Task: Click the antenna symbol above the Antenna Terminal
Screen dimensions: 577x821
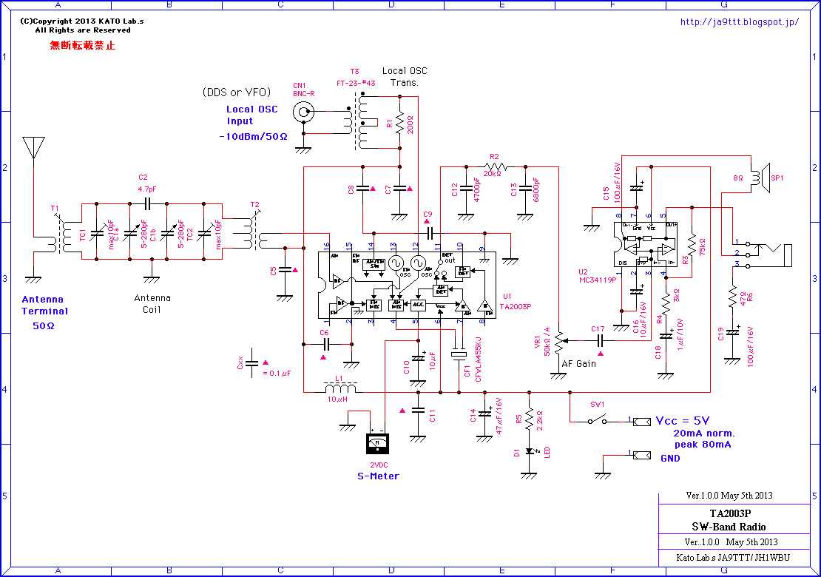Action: [x=34, y=148]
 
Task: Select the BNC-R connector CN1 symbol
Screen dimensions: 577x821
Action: [x=303, y=112]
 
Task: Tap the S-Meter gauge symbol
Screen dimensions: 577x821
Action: [x=377, y=444]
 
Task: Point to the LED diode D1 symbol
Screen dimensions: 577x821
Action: [x=529, y=451]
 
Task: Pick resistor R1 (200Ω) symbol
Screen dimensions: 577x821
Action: [x=399, y=124]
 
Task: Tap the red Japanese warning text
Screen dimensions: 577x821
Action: [x=82, y=46]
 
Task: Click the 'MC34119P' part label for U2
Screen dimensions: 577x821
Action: [x=597, y=280]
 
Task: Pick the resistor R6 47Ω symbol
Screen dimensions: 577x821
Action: [x=732, y=297]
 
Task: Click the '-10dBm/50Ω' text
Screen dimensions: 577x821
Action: [x=253, y=137]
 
